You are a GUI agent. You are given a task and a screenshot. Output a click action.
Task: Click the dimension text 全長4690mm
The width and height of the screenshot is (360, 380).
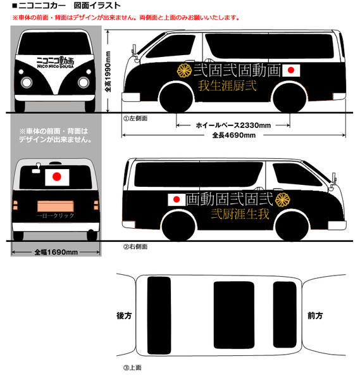click(234, 135)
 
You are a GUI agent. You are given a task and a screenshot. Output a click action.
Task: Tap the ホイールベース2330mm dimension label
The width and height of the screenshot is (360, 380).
click(233, 125)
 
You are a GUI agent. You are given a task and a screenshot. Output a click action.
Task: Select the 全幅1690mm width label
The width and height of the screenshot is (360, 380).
click(56, 252)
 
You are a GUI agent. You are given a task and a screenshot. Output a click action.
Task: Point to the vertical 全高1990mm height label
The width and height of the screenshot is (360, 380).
click(108, 72)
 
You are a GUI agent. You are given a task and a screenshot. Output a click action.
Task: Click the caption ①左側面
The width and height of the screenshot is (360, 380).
click(135, 118)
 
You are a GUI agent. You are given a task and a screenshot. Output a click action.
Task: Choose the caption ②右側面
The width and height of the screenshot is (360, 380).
click(135, 247)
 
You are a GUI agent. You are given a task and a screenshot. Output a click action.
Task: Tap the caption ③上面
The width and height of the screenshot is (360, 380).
click(132, 367)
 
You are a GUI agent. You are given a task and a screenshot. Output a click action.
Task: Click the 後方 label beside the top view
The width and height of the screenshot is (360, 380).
click(124, 315)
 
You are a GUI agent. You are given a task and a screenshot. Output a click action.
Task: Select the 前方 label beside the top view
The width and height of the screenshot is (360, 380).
click(315, 315)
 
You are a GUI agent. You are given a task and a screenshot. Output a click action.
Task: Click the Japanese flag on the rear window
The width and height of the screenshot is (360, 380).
click(57, 177)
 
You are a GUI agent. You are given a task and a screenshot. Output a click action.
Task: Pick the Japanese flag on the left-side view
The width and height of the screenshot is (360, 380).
click(291, 70)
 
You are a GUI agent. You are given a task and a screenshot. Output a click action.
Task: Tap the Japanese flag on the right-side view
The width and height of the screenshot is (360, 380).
click(177, 199)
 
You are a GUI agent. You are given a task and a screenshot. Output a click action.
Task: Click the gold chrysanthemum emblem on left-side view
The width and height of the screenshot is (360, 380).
click(185, 70)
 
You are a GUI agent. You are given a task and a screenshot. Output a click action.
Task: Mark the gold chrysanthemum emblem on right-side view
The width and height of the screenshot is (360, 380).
click(283, 199)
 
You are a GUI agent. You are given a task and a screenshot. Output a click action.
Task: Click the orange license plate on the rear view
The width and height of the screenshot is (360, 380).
click(56, 206)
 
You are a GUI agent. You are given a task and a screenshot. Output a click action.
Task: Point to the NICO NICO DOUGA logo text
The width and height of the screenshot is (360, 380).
click(56, 66)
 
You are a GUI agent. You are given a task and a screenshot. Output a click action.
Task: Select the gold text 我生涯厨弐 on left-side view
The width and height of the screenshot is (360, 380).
click(227, 85)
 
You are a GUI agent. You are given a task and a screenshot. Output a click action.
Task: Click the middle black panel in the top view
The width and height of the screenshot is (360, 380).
click(234, 315)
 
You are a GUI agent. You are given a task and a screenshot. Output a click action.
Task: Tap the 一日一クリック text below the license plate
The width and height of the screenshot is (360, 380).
click(56, 216)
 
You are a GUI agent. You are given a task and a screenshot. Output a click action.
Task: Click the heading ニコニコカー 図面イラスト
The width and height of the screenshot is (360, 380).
click(66, 5)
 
